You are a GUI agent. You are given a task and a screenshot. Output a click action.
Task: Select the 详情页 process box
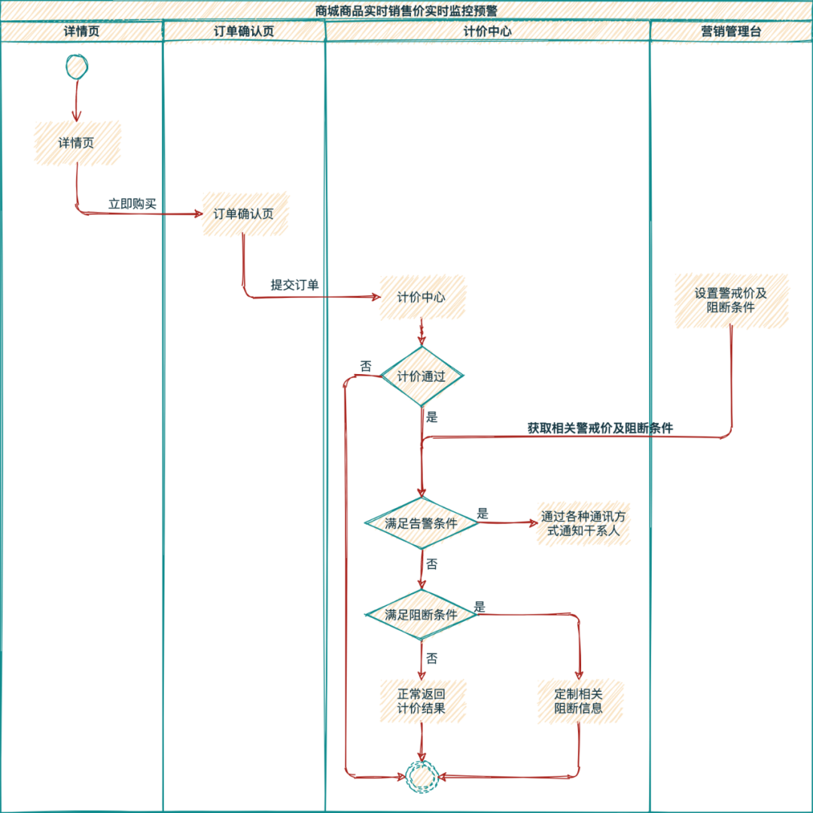coord(78,143)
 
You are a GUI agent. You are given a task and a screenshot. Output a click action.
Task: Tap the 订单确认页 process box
coord(245,214)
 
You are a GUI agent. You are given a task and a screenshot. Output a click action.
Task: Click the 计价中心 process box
coord(422,297)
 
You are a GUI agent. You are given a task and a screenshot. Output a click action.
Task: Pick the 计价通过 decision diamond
coord(422,376)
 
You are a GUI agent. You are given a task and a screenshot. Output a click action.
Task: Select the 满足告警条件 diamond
coord(422,522)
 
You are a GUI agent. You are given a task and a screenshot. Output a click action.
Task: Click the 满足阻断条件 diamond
coord(422,614)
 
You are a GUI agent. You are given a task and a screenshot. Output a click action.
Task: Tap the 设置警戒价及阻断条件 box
coord(731,300)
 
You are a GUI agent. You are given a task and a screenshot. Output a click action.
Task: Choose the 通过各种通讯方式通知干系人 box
coord(583,524)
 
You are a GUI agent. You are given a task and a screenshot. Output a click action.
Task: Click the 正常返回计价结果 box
coord(422,701)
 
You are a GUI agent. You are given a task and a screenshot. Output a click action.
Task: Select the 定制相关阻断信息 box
coord(580,701)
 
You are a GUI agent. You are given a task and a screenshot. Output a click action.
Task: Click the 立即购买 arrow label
coord(132,204)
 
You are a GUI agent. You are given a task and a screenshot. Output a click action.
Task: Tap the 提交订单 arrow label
coord(294,285)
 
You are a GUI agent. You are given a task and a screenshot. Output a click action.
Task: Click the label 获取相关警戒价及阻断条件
coord(600,428)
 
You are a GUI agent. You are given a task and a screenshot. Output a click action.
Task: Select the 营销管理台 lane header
coord(731,31)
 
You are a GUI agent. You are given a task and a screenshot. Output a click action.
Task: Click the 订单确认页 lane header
coord(244,31)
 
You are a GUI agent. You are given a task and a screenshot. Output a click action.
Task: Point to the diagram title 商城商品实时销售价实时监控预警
coord(406,11)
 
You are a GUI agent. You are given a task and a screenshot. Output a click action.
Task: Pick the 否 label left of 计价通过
coord(366,367)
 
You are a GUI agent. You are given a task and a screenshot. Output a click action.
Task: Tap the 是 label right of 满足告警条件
coord(483,513)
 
